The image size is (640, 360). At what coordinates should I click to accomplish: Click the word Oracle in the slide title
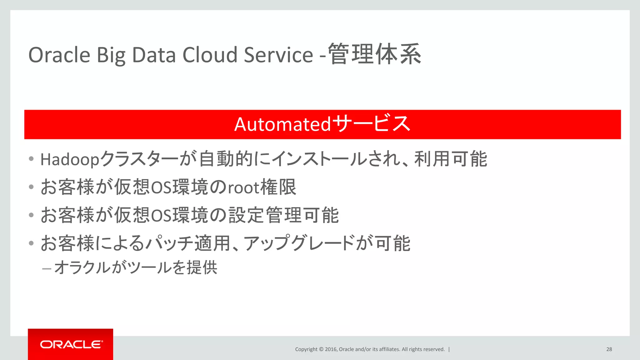(59, 55)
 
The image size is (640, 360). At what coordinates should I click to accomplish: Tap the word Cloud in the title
(210, 55)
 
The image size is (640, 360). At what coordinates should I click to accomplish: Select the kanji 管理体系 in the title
(375, 54)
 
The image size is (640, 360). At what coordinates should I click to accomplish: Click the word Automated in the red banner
(282, 124)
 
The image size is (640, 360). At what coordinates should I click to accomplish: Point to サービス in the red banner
(371, 124)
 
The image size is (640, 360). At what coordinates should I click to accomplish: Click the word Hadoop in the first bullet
(70, 160)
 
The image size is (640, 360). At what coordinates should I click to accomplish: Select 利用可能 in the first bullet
(450, 159)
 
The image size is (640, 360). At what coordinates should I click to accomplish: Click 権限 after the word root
(278, 187)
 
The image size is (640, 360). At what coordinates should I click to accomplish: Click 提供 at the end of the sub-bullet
(202, 267)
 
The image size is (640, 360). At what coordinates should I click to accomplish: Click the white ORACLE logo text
(71, 344)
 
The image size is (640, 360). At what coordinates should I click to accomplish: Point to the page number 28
(609, 349)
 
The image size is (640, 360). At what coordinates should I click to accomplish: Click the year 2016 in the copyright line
(331, 349)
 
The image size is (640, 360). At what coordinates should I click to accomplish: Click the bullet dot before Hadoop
(31, 159)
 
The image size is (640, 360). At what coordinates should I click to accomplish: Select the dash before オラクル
(47, 268)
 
